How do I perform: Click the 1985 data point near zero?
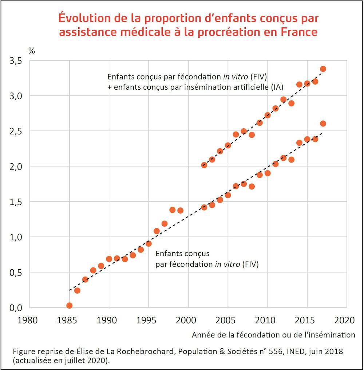69,305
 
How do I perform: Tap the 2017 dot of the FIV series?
323,124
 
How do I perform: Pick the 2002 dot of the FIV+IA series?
204,165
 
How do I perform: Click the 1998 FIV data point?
173,210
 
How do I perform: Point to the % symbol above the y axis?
32,51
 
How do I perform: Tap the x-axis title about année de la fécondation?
273,335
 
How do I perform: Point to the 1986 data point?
77,290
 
